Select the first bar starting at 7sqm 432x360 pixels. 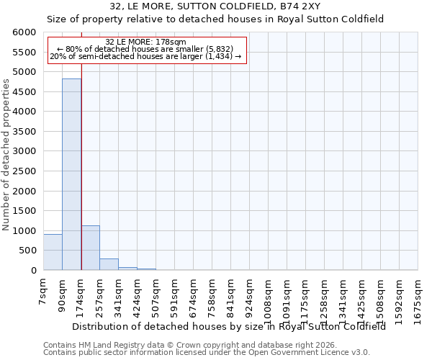click(53, 252)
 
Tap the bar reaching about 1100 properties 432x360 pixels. click(90, 248)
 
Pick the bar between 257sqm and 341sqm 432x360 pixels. click(109, 264)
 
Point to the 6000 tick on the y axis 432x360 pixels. click(24, 33)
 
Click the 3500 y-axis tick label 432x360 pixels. click(24, 132)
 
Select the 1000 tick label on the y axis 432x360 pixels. click(24, 231)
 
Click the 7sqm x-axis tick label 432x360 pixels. click(44, 292)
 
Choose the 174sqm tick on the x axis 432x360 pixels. click(81, 296)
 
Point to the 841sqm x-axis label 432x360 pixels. click(231, 296)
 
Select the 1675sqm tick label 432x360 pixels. click(418, 298)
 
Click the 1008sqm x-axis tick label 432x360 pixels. click(269, 298)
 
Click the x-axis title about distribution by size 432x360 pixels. click(229, 326)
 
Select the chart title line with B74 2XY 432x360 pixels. click(215, 6)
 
